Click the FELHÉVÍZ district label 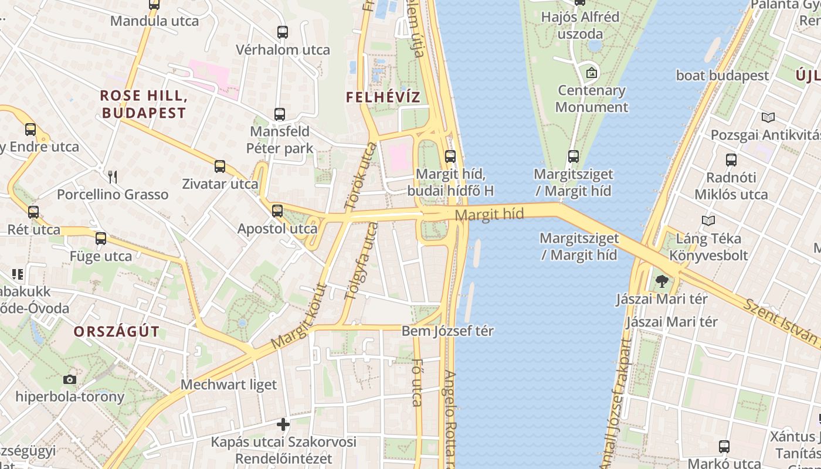click(383, 97)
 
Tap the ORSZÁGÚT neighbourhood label click(116, 332)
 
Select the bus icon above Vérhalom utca click(283, 32)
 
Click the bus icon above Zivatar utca click(220, 166)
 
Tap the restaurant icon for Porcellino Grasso click(113, 176)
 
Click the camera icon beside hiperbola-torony click(70, 379)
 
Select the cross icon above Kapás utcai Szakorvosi click(283, 424)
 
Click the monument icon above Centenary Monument click(592, 73)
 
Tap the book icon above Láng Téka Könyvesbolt click(708, 221)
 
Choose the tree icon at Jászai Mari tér click(662, 281)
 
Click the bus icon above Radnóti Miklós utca click(731, 159)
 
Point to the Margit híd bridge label click(489, 215)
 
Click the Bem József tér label click(447, 331)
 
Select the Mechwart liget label click(229, 385)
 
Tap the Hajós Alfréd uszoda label click(580, 25)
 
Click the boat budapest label click(722, 76)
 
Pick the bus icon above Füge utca click(101, 239)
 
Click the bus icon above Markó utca click(724, 447)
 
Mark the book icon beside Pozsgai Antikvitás click(768, 117)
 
